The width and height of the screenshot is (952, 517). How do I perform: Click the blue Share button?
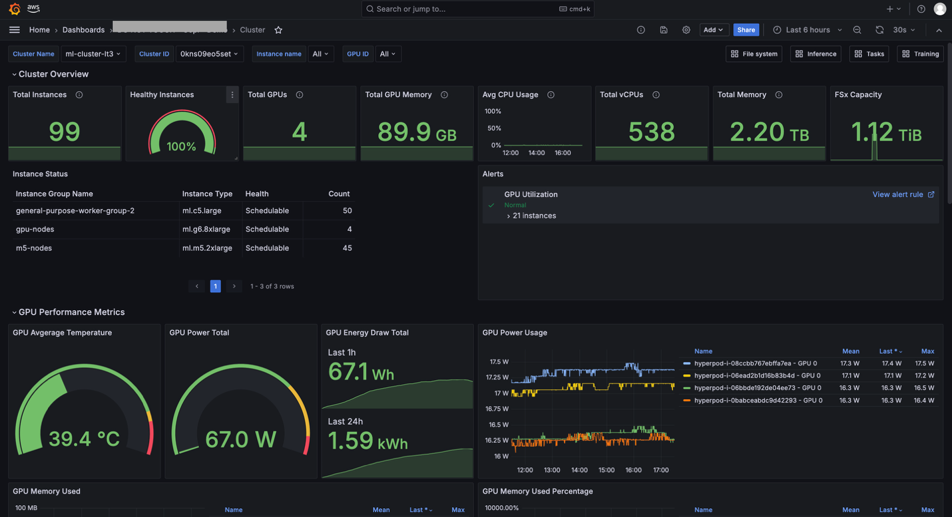pyautogui.click(x=746, y=30)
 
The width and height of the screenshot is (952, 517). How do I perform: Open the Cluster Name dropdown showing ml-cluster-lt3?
pyautogui.click(x=93, y=54)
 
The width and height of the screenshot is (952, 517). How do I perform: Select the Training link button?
pyautogui.click(x=921, y=54)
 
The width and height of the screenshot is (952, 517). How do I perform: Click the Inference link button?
pyautogui.click(x=816, y=54)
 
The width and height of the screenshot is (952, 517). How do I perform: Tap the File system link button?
pyautogui.click(x=754, y=54)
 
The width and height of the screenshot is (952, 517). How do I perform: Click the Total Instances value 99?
pyautogui.click(x=65, y=132)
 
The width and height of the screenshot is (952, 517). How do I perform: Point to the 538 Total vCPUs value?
pyautogui.click(x=651, y=132)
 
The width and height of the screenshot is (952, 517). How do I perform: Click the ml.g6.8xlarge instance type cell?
pyautogui.click(x=206, y=230)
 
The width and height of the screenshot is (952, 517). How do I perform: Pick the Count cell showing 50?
pyautogui.click(x=347, y=211)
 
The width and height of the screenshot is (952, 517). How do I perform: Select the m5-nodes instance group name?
pyautogui.click(x=34, y=248)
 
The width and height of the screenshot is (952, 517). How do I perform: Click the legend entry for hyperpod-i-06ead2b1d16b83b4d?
pyautogui.click(x=757, y=376)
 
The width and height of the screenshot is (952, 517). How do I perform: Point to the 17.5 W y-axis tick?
pyautogui.click(x=499, y=362)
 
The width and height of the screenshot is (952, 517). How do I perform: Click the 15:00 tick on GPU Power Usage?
pyautogui.click(x=606, y=470)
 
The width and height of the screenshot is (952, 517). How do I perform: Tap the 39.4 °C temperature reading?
pyautogui.click(x=84, y=439)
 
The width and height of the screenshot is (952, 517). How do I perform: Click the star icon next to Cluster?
pyautogui.click(x=278, y=30)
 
